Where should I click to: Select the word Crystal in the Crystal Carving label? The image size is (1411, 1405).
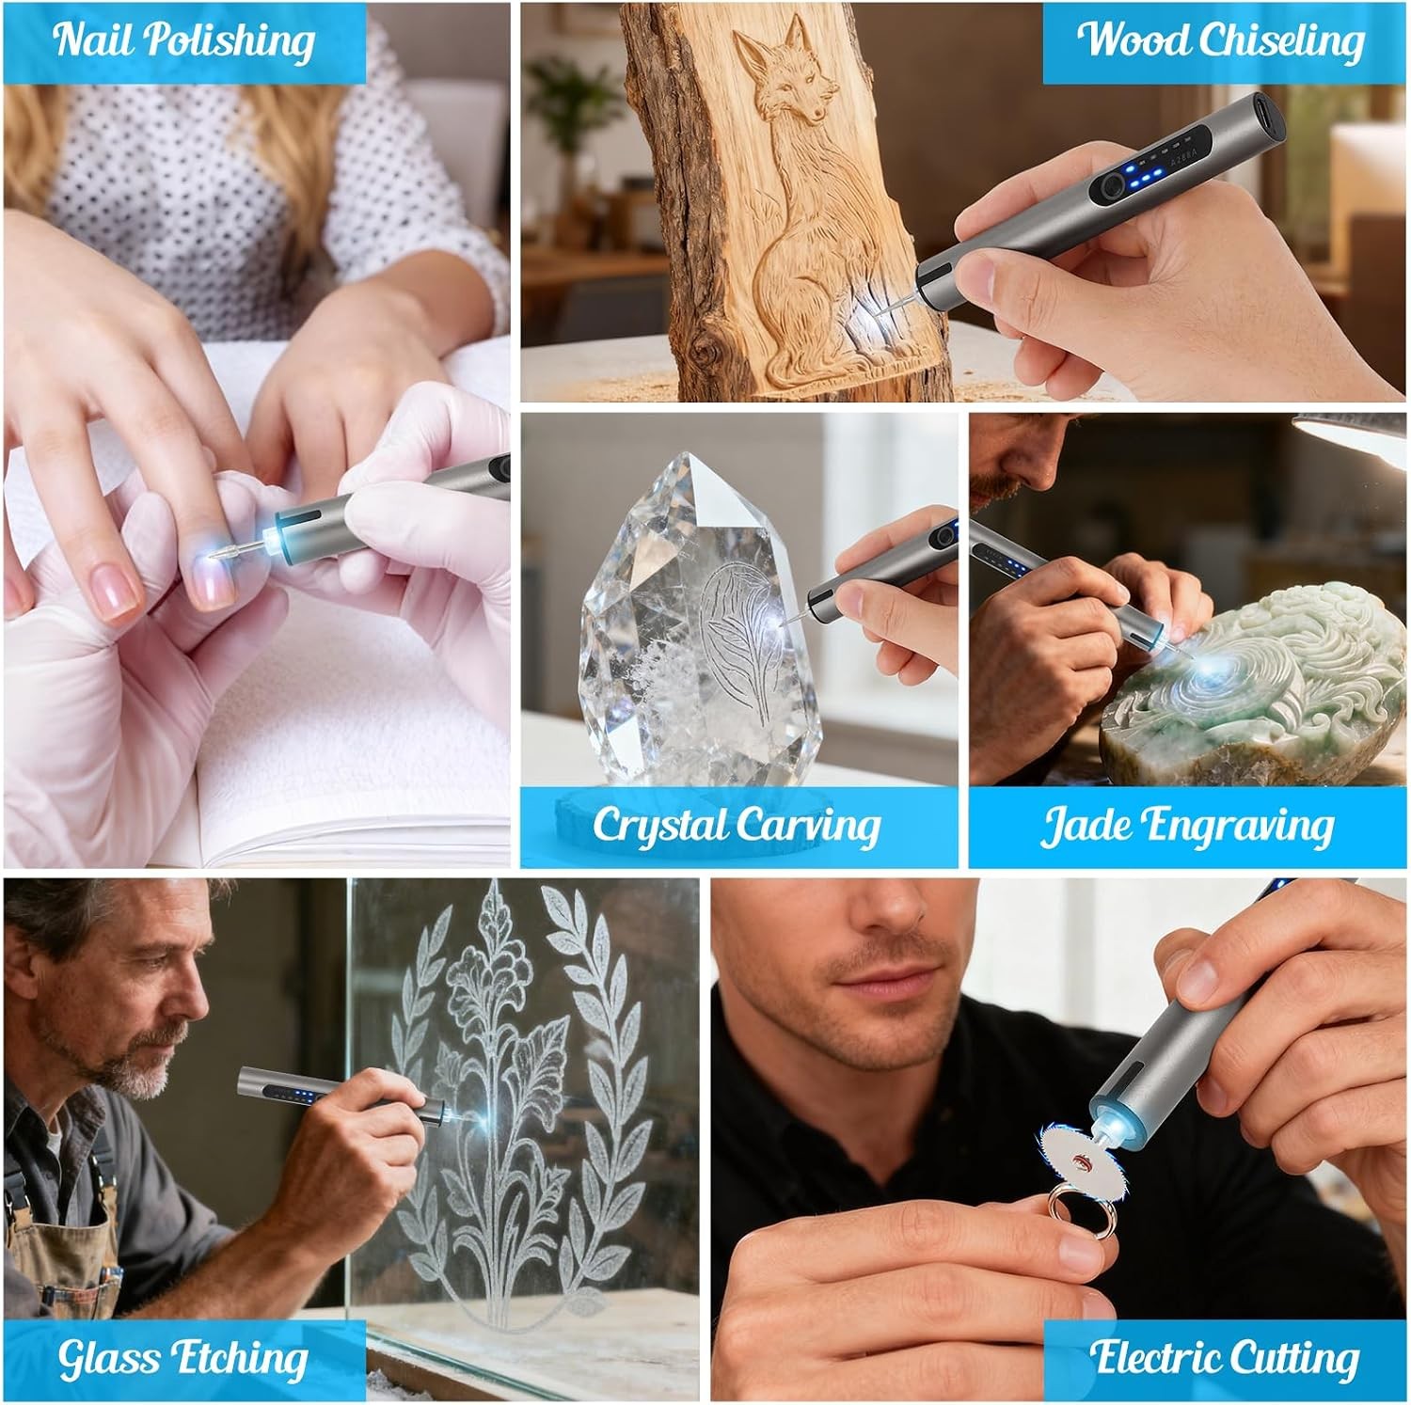659,825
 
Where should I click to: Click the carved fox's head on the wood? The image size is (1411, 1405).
780,80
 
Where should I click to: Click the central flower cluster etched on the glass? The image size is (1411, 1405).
488,996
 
